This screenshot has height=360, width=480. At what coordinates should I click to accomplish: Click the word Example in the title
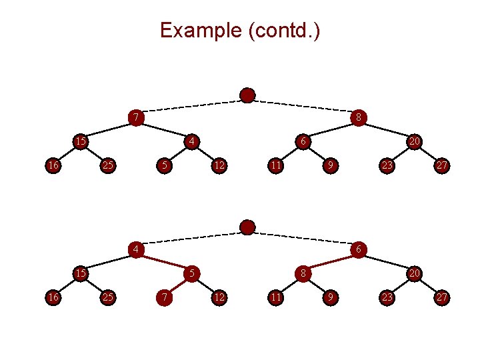point(201,31)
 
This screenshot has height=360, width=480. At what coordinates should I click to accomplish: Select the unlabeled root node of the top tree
point(247,95)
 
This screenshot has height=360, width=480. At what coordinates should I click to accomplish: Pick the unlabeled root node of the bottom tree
point(247,228)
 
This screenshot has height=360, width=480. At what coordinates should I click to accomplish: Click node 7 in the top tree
point(135,118)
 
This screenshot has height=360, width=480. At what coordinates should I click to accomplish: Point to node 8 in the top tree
point(359,118)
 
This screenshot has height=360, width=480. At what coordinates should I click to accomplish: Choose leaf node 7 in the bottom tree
point(163,297)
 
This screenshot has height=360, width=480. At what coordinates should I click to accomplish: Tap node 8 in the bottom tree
point(303,273)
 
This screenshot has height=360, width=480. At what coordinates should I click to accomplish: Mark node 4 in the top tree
point(191,141)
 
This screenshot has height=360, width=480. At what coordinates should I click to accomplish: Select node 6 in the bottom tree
point(359,250)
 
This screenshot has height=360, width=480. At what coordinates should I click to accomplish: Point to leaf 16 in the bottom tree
point(51,297)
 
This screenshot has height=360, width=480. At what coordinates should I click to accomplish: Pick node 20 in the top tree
point(415,141)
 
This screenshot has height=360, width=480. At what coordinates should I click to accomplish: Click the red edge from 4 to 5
point(163,261)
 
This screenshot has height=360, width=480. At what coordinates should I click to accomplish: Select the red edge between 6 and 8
point(331,261)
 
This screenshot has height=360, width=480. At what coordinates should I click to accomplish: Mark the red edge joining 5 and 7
point(177,285)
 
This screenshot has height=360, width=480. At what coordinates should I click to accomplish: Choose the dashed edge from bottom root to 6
point(303,239)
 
